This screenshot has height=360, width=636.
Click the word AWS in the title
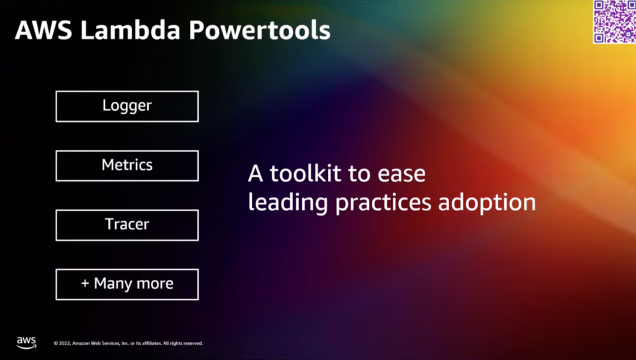tap(44, 30)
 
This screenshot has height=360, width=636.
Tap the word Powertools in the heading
tap(260, 30)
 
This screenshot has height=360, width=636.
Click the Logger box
tap(127, 106)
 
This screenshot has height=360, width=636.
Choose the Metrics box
tap(127, 166)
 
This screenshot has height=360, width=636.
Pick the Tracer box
tap(127, 225)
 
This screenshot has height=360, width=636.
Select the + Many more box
tap(127, 284)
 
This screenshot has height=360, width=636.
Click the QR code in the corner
tap(614, 21)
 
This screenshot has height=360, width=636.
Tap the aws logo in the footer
tap(26, 343)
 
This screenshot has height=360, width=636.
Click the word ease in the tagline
tap(401, 174)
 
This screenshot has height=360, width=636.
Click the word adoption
tap(487, 202)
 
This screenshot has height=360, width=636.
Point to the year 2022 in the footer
tap(64, 343)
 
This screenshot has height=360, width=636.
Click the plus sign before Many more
tap(85, 283)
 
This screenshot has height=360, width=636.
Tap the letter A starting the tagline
tap(256, 173)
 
